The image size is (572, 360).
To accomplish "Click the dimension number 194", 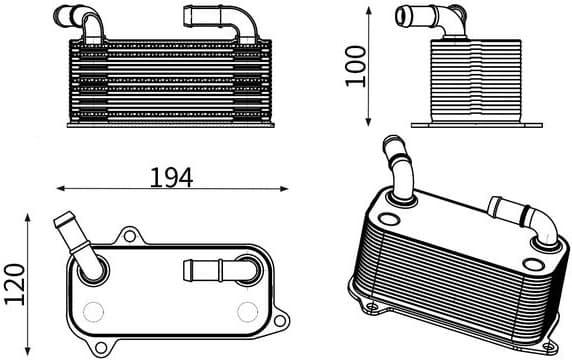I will pos(170,177).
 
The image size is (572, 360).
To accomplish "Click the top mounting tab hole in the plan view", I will pos(129,236).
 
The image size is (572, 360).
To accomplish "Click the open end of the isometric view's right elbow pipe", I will pos(494,207).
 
